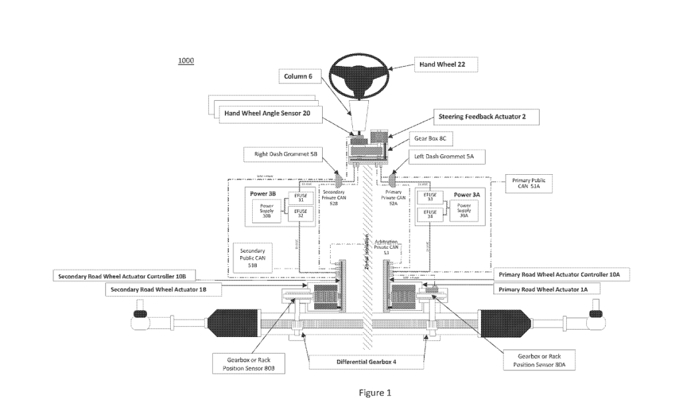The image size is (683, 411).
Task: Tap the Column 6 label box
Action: (x=298, y=77)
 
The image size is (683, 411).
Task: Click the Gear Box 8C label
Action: (x=436, y=139)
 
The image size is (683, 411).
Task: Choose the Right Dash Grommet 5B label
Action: (x=285, y=154)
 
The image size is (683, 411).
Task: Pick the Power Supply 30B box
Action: (x=266, y=211)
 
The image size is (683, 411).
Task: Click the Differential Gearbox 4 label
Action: (x=366, y=362)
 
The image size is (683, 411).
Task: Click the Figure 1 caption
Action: (x=375, y=392)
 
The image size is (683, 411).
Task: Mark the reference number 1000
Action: (x=185, y=61)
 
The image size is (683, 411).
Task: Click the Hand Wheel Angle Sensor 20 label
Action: (x=267, y=113)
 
